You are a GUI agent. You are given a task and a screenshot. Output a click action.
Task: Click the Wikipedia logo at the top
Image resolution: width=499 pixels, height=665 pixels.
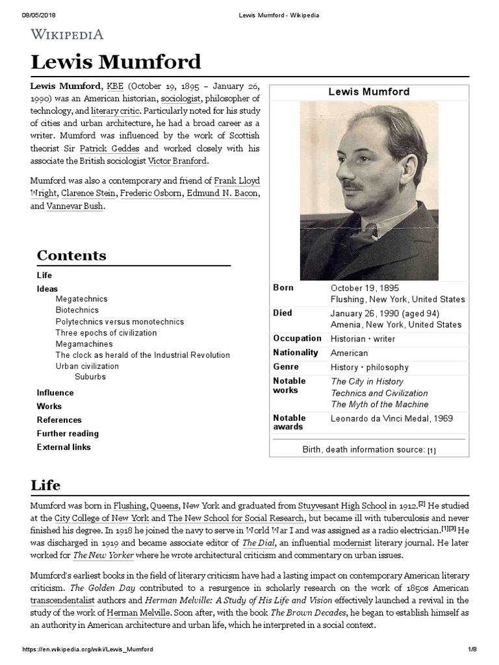click(67, 34)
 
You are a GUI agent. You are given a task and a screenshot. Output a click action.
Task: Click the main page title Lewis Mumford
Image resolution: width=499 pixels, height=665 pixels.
click(116, 62)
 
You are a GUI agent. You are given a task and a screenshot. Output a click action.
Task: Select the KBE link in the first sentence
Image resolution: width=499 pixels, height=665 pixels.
click(114, 86)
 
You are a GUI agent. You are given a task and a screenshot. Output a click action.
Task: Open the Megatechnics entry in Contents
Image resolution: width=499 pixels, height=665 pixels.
click(81, 299)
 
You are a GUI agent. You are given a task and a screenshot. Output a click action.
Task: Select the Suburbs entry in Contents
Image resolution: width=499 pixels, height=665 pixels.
click(90, 377)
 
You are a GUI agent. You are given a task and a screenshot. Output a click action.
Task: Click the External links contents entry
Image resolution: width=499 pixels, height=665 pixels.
click(64, 447)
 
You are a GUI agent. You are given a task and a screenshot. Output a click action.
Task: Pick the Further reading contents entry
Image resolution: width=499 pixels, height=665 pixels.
click(68, 433)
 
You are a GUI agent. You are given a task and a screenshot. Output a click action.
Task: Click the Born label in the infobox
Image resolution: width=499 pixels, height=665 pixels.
click(283, 288)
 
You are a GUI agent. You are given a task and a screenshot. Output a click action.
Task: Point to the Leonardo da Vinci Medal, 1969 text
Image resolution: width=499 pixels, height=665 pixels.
click(392, 419)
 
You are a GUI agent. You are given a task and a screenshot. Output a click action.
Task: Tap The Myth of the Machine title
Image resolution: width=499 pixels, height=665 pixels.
click(379, 404)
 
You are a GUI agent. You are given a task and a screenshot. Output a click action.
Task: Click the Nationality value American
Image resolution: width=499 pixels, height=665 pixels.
click(349, 353)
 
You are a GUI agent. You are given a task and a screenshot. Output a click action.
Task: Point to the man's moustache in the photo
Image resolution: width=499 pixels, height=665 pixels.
click(352, 186)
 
